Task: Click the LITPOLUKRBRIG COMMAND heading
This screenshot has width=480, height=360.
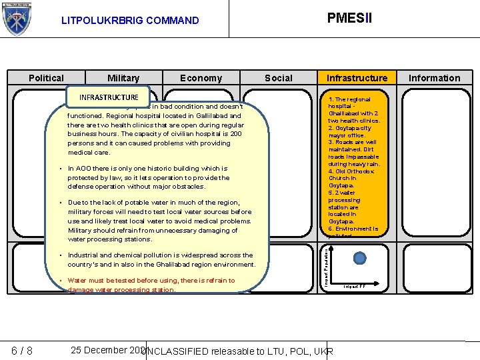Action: pos(130,21)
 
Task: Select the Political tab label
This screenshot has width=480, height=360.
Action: pos(47,78)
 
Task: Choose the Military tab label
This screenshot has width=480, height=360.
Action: pos(123,79)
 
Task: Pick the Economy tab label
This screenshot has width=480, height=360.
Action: pos(201,79)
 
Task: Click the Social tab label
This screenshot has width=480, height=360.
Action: pos(279,78)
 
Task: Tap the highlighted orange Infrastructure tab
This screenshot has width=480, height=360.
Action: pos(357,78)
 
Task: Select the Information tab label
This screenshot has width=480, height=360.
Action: pos(434,78)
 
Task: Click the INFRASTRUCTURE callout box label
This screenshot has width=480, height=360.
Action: pos(109,97)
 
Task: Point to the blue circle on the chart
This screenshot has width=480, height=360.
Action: pos(359,259)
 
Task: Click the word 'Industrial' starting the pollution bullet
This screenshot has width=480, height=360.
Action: pos(85,255)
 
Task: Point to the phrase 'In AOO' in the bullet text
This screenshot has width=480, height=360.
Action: pos(81,169)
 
